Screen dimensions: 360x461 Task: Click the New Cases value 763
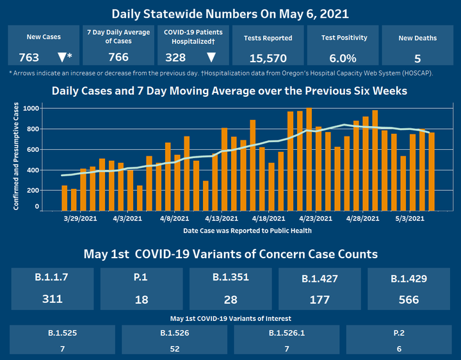click(29, 57)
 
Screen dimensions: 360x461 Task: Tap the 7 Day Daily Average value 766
click(118, 57)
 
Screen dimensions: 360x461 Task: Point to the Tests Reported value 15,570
click(268, 58)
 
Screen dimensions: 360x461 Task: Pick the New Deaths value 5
click(417, 58)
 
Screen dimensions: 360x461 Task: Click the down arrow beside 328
click(211, 57)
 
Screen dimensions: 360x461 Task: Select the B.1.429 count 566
click(408, 299)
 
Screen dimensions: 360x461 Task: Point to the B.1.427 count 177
click(319, 299)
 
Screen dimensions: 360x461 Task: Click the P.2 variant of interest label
click(400, 334)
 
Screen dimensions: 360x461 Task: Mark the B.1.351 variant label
click(231, 278)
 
